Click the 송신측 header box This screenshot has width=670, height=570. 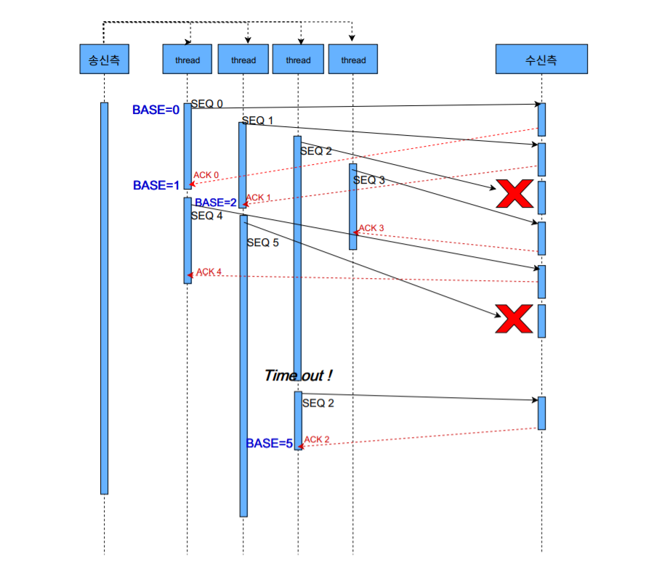104,60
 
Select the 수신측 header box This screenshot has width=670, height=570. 541,60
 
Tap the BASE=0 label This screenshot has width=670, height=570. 156,110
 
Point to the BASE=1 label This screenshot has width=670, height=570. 156,186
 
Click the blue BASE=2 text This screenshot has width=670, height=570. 216,203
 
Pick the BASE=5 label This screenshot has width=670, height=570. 269,444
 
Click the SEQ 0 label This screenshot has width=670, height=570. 207,105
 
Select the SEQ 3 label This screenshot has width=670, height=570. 369,180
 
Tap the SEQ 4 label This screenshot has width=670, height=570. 207,216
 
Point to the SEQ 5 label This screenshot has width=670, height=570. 262,243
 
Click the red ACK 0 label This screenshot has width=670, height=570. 206,175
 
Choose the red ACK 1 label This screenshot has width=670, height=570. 258,198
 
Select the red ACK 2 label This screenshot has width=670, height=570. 317,439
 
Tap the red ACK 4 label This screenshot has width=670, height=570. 209,272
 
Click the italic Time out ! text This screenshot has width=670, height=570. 299,375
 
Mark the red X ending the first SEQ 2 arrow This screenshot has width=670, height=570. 514,194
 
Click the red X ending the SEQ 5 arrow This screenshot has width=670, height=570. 514,319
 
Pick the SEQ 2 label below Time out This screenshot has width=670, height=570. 318,403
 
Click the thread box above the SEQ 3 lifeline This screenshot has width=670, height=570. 353,60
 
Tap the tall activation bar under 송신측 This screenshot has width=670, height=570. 104,298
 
